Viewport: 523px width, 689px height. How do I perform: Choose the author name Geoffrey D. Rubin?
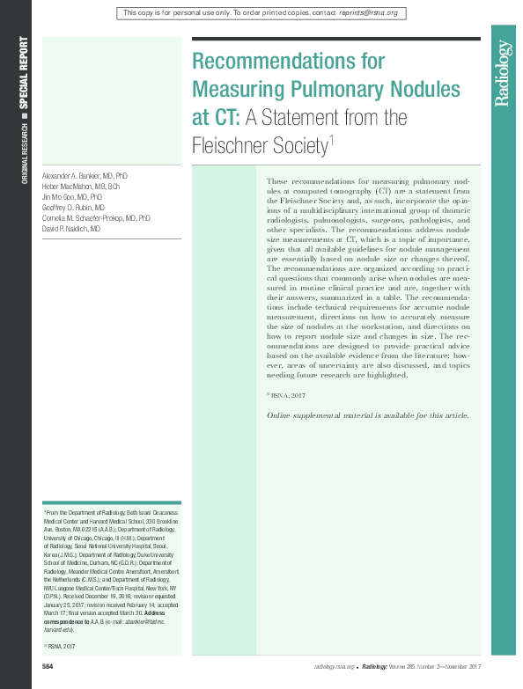[x=73, y=208]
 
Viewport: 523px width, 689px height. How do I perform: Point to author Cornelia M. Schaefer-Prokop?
[x=93, y=217]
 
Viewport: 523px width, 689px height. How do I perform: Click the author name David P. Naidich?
[x=70, y=228]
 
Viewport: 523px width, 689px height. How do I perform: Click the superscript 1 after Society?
[x=329, y=137]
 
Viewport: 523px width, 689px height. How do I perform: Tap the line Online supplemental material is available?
[x=368, y=415]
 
